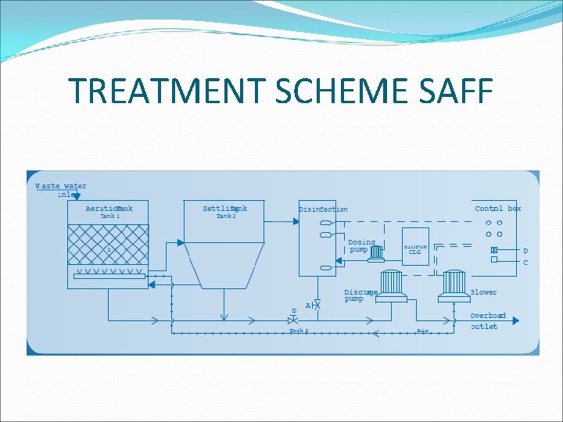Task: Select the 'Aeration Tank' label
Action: pyautogui.click(x=109, y=209)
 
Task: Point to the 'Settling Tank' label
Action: pyautogui.click(x=224, y=209)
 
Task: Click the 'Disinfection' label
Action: pyautogui.click(x=323, y=209)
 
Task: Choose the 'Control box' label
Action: pyautogui.click(x=498, y=209)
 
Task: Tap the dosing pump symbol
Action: pyautogui.click(x=378, y=252)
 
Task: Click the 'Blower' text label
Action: pyautogui.click(x=483, y=292)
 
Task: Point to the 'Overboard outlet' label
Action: pyautogui.click(x=487, y=321)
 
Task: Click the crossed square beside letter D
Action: pyautogui.click(x=494, y=250)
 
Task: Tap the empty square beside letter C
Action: pyautogui.click(x=494, y=259)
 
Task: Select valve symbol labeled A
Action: pyautogui.click(x=317, y=304)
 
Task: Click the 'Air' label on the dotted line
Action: pyautogui.click(x=423, y=331)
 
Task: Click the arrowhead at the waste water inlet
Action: pyautogui.click(x=73, y=199)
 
